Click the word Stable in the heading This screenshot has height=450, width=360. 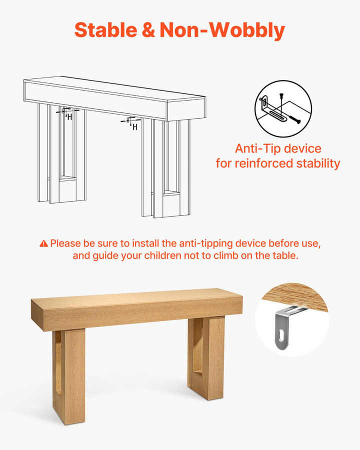pos(106,30)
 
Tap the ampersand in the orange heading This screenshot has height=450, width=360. pos(148,30)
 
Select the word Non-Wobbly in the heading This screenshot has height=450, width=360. pos(222,31)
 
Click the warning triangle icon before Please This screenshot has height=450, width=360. pos(43,243)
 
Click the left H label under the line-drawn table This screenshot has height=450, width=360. pos(69,117)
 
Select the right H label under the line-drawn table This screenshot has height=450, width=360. pos(135,127)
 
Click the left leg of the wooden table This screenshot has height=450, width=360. pos(69,376)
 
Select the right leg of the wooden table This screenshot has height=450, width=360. pos(206,358)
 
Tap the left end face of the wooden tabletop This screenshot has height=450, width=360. pos(37,315)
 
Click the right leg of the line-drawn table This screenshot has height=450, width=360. pos(165,168)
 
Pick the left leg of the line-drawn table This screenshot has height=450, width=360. pos(61,153)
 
